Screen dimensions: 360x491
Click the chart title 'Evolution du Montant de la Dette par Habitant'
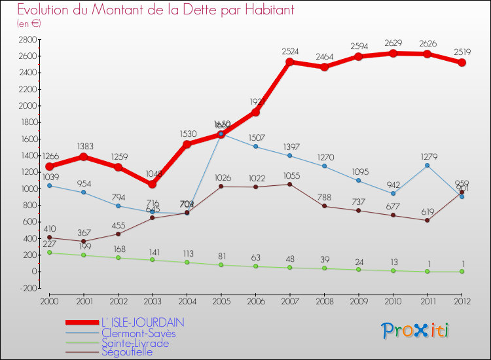pyautogui.click(x=155, y=10)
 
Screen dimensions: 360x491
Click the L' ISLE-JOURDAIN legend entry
pyautogui.click(x=142, y=323)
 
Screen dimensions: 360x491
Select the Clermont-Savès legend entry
pyautogui.click(x=139, y=333)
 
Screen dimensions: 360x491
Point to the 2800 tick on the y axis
pyautogui.click(x=27, y=40)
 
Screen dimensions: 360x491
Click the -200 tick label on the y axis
pyautogui.click(x=27, y=288)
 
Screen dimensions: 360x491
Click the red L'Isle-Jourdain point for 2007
pyautogui.click(x=289, y=62)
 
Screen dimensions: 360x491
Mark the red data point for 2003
pyautogui.click(x=152, y=184)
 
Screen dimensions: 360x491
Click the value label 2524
pyautogui.click(x=290, y=51)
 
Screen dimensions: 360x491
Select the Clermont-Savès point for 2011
pyautogui.click(x=427, y=166)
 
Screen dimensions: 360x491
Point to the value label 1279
pyautogui.click(x=427, y=155)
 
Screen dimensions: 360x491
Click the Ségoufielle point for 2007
pyautogui.click(x=289, y=184)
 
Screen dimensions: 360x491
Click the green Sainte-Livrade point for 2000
pyautogui.click(x=50, y=253)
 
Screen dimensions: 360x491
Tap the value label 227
pyautogui.click(x=50, y=243)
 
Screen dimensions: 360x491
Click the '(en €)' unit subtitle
pyautogui.click(x=29, y=24)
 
